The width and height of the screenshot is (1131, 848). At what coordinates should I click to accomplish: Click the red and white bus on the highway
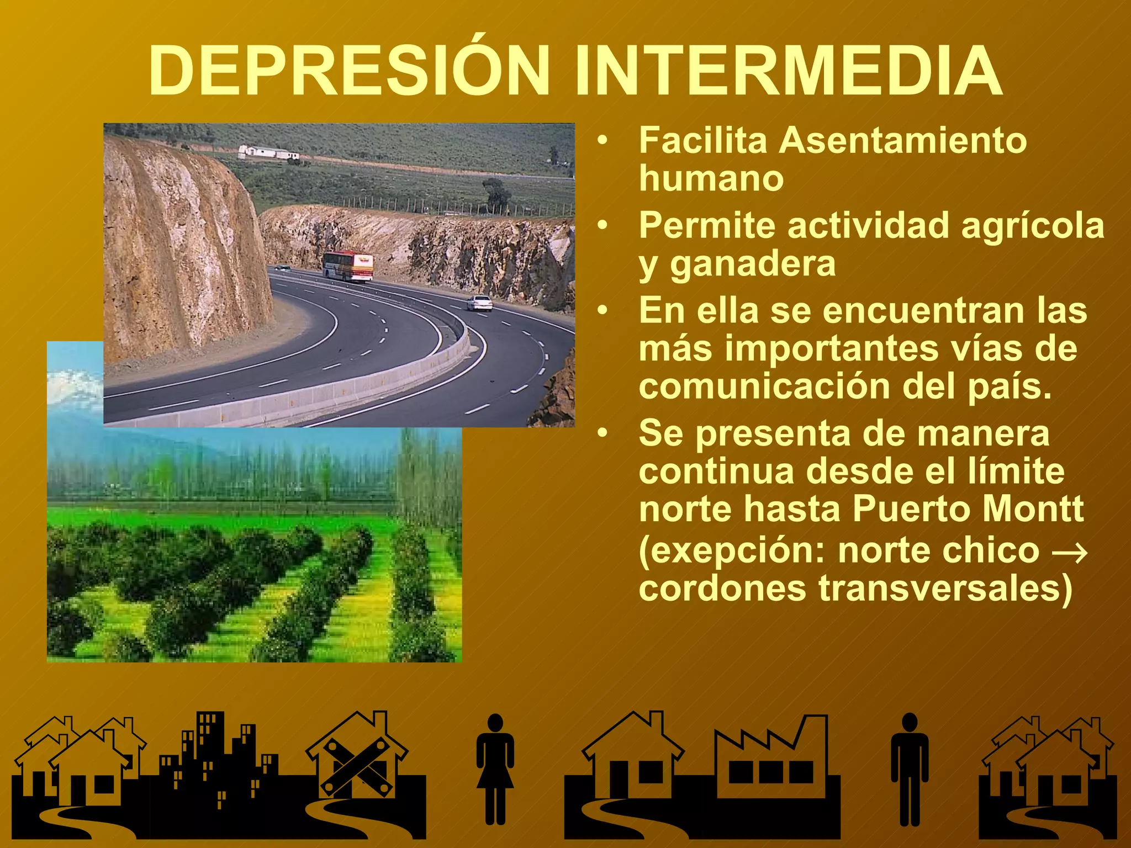[348, 266]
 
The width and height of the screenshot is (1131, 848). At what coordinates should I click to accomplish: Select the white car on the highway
[479, 303]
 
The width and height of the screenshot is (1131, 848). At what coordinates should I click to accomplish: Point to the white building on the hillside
[268, 152]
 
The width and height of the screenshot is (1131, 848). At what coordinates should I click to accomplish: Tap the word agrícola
[1033, 226]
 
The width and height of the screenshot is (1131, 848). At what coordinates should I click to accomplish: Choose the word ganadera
[753, 264]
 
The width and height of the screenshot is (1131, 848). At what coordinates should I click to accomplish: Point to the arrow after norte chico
[1070, 552]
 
